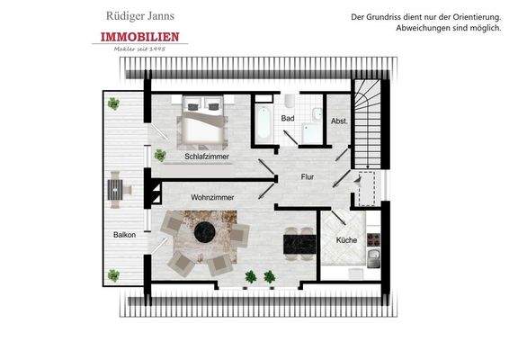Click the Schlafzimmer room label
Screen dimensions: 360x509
206,157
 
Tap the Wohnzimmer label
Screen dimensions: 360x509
212,196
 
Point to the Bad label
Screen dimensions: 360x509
288,118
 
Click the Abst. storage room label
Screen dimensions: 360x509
339,121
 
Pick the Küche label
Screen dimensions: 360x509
346,240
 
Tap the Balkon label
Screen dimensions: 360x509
125,235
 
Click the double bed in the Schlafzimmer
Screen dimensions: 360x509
205,121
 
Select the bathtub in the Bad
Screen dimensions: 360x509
263,123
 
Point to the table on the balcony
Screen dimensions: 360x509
116,191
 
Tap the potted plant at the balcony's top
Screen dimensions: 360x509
114,103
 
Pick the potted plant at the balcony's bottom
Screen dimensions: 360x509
113,274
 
